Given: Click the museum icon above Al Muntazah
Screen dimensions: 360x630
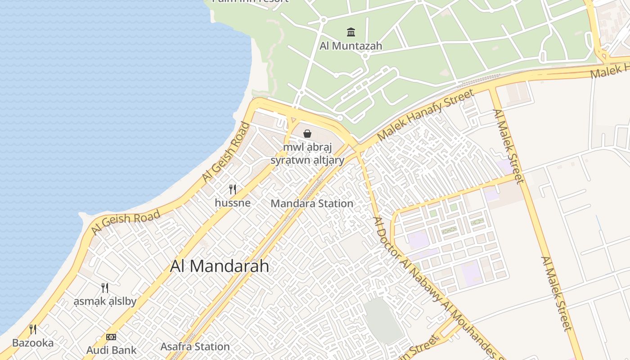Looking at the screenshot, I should pos(351,32).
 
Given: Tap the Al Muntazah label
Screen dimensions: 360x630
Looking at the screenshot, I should pos(351,45).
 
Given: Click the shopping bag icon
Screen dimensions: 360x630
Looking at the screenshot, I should pos(307,134).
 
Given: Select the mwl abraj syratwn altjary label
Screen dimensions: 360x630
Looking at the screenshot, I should pos(307,153).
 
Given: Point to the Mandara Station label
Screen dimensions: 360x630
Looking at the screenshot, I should pos(312,203).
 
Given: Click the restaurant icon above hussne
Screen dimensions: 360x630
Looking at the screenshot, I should pos(233,189).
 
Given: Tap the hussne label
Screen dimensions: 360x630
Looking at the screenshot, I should pos(233,203).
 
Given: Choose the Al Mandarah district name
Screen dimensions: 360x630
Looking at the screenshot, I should pos(220,266).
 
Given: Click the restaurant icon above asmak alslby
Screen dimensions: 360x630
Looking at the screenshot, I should pos(105,288).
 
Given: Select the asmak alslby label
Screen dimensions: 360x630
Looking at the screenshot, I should pos(105,301).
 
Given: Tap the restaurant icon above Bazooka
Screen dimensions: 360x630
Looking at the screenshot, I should pos(33,329).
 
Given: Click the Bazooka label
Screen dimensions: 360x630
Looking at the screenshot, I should pos(33,343).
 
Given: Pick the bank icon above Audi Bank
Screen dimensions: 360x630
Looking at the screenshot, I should pos(111,337).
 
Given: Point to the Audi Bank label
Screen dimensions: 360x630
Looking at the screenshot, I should pos(111,350).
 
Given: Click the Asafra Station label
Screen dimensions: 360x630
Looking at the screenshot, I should pos(195,346).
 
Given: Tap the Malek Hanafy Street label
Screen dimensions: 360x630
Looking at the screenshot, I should pos(426,114).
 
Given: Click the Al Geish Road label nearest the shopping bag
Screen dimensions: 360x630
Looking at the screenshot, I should pos(225,153).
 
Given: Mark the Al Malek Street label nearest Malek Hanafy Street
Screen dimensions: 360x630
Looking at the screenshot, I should pos(508,147).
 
